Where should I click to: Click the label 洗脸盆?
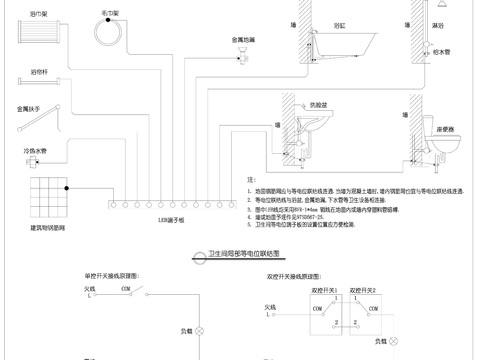click(x=319, y=104)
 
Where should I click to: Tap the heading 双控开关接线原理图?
click(x=293, y=273)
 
